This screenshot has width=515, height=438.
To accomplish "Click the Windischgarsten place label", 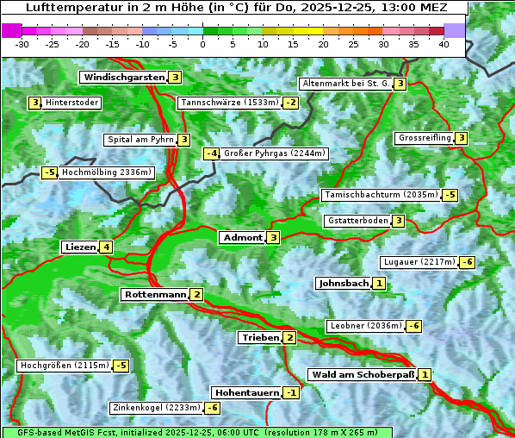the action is tap(123, 78).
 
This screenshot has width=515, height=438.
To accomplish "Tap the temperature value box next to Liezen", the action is tap(106, 247).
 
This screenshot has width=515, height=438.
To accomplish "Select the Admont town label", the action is tap(242, 238).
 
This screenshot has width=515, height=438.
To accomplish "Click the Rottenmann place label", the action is tap(154, 295).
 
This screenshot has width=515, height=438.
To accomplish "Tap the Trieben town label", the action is tap(260, 338).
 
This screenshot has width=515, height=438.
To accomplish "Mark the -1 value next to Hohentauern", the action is tap(292, 393).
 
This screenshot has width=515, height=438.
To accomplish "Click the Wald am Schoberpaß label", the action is tap(362, 375).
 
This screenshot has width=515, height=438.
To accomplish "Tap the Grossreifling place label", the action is tap(425, 138).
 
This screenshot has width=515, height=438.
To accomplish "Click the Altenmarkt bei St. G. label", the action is tap(346, 84).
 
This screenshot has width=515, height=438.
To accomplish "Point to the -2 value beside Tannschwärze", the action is tap(291, 103).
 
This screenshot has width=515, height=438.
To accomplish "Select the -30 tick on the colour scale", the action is tap(22, 44).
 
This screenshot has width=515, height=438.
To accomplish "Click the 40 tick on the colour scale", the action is tap(444, 44).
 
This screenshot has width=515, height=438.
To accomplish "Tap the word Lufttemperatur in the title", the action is tap(66, 7).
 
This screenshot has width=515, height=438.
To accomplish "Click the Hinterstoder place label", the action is tap(72, 103).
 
